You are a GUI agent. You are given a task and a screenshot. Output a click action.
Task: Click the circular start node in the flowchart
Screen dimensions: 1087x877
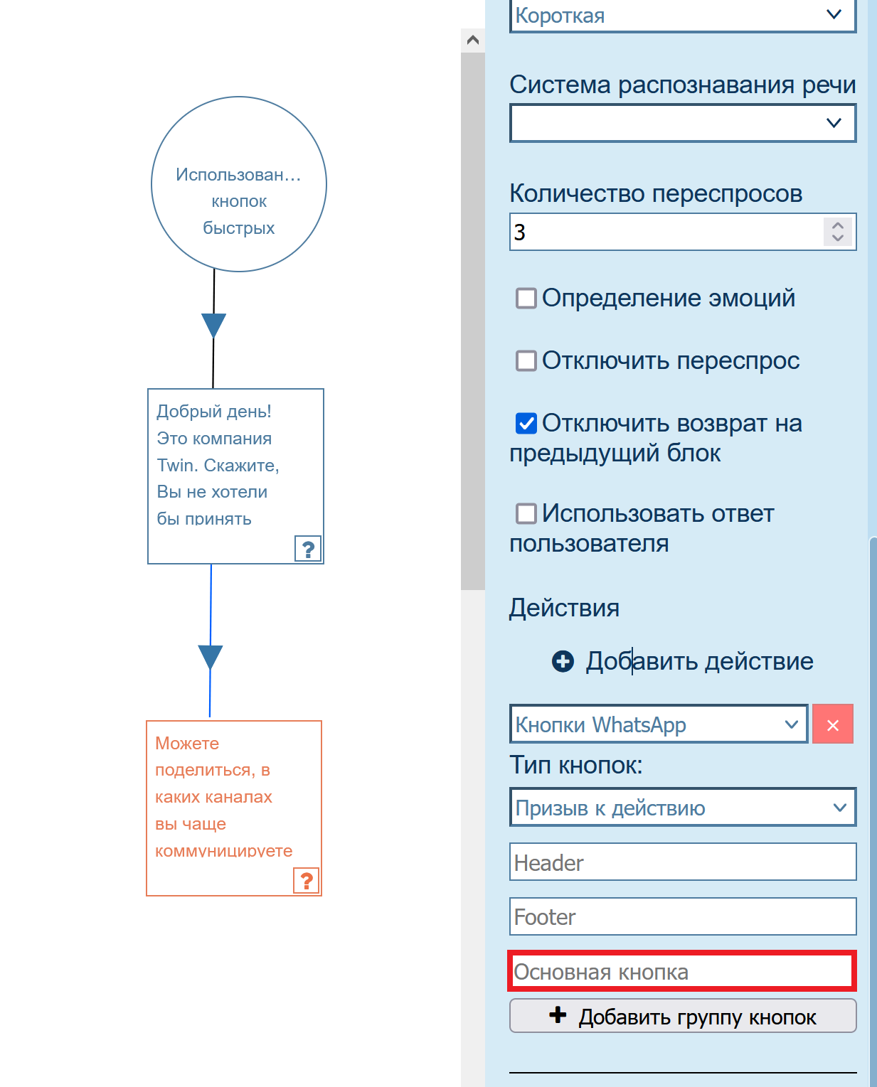[x=239, y=184]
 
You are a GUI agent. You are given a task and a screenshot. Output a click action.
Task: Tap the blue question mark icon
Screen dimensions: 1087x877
[x=308, y=549]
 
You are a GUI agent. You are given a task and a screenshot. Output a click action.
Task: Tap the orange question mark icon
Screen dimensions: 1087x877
[x=307, y=881]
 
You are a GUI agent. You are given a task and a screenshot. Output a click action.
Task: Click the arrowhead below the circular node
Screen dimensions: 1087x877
[x=213, y=325]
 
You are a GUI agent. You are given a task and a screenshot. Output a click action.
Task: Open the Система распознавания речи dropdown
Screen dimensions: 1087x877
[x=682, y=123]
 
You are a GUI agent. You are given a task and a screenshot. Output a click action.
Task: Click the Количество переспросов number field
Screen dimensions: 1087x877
[x=666, y=232]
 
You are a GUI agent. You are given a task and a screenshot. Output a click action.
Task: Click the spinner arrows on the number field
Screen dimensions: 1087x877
[x=838, y=231]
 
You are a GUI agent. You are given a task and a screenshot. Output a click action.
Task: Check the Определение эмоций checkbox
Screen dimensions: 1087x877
[x=526, y=298]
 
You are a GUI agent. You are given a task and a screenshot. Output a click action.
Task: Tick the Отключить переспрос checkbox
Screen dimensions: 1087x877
[x=526, y=360]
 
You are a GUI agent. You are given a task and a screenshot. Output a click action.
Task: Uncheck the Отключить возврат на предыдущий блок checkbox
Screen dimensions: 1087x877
[x=526, y=423]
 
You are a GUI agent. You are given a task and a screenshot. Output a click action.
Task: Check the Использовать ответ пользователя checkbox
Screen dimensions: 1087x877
[x=526, y=513]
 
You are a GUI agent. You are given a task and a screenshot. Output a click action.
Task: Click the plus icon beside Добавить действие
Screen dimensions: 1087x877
[x=563, y=661]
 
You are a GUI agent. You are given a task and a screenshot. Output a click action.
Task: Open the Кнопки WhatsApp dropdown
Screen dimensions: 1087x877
[x=658, y=724]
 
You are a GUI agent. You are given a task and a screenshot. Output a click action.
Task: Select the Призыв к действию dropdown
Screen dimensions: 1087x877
[x=682, y=808]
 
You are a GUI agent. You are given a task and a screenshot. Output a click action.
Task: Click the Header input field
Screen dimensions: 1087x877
[x=682, y=862]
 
